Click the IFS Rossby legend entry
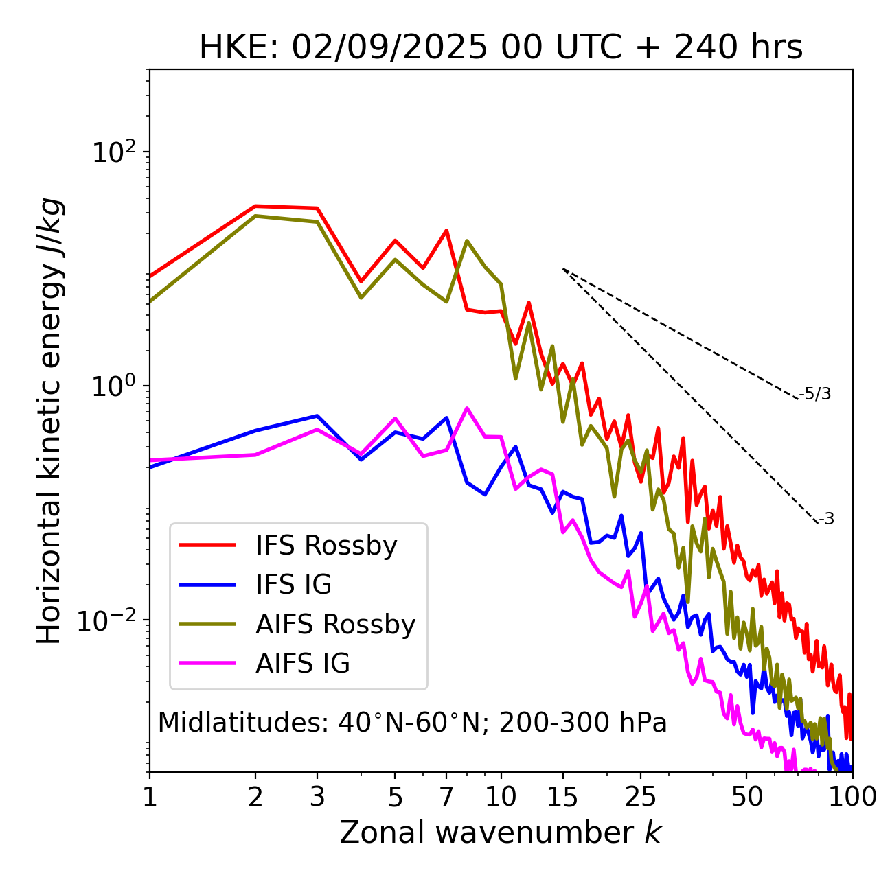326,546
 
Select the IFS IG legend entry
293,585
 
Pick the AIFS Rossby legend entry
335,625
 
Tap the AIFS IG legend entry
302,664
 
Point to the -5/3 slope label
815,394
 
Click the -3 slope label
826,520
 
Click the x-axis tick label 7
446,797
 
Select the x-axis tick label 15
562,797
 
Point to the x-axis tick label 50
746,797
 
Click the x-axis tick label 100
852,797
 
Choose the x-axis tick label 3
317,797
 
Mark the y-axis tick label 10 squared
112,152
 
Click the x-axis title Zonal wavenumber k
501,833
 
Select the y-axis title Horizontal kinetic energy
50,421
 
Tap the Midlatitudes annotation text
412,723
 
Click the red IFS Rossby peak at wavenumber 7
446,231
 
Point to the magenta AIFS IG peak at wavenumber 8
467,408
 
